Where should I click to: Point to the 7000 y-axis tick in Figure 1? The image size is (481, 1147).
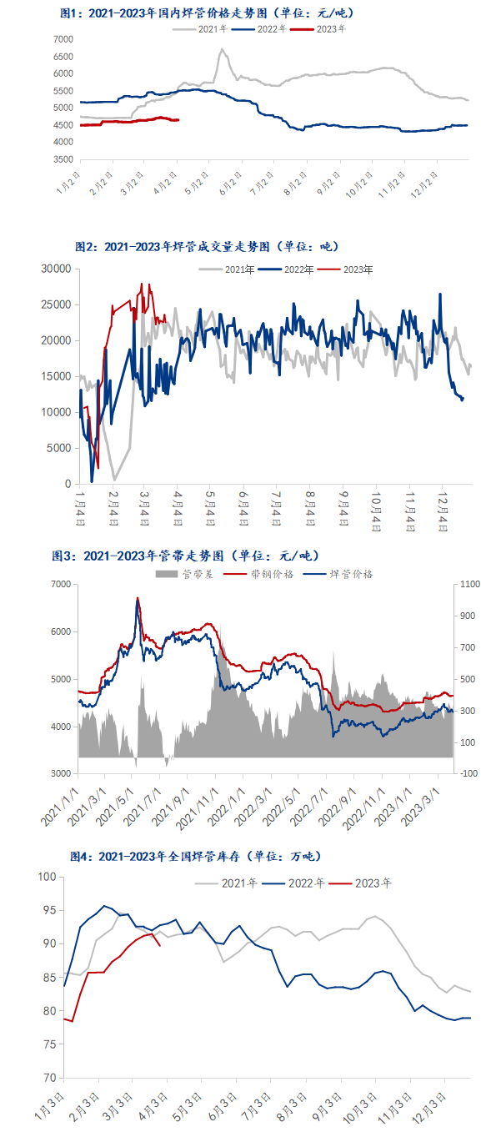63,39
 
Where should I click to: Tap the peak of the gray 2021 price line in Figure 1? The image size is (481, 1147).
222,49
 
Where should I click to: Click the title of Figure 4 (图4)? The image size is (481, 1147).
196,857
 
